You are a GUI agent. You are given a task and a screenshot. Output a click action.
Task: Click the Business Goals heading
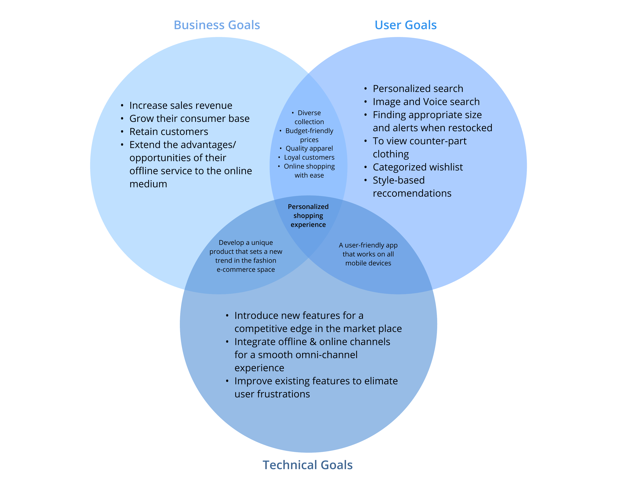click(217, 25)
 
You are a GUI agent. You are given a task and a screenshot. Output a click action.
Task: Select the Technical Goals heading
click(308, 465)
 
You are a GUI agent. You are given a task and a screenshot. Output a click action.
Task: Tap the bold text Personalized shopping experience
click(308, 216)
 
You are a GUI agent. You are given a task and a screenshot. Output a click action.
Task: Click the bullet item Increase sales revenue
click(181, 105)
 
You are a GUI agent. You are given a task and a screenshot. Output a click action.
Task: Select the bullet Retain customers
click(169, 132)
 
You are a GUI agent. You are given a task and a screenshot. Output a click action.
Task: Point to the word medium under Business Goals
click(148, 184)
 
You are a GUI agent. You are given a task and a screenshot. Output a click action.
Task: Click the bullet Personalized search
click(418, 89)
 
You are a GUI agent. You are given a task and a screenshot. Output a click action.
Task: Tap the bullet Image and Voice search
click(426, 102)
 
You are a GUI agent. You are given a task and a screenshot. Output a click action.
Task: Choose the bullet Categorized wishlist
click(418, 167)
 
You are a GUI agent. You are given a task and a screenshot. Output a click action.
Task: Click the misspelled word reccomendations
click(412, 193)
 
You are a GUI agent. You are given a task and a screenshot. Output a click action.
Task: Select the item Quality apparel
click(309, 148)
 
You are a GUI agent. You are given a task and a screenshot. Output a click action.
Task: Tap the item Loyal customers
click(309, 157)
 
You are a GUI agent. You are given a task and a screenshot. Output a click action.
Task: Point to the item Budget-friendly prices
click(309, 135)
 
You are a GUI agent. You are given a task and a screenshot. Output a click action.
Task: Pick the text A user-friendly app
click(368, 245)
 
